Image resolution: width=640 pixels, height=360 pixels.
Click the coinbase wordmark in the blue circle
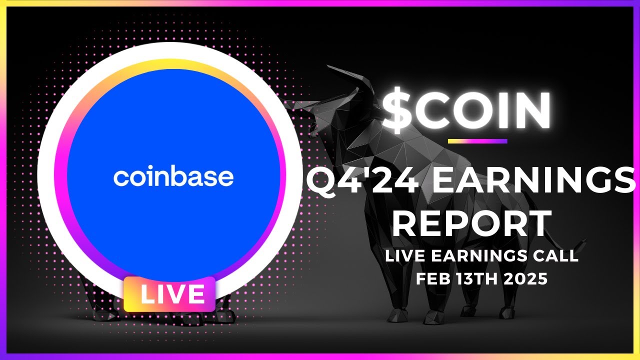coord(173,177)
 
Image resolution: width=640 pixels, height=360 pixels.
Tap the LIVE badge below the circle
coord(169,294)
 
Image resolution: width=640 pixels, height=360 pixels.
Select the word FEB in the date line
coord(432,279)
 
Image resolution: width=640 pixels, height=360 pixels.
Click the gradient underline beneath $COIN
coord(477,141)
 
